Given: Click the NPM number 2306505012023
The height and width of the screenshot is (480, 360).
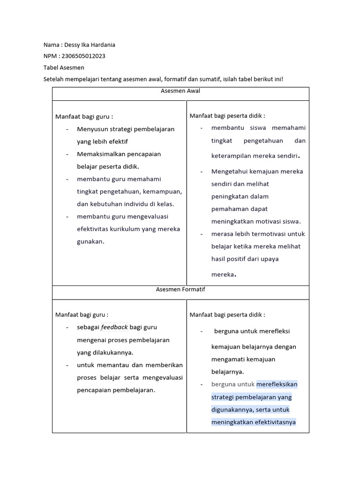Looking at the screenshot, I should tap(83, 56).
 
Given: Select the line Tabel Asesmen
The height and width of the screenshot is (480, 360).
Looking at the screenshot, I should tap(64, 67).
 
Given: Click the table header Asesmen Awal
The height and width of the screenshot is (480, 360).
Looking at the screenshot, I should tap(180, 91).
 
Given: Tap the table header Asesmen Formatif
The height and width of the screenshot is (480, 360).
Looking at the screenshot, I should tap(180, 290).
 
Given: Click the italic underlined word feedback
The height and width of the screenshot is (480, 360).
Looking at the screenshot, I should tap(114, 327).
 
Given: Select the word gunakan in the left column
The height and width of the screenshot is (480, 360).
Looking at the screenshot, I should tap(89, 241).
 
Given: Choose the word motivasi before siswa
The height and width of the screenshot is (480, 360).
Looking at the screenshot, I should tap(268, 221).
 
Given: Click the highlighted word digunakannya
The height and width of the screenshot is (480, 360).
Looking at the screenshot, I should tap(232, 410).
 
